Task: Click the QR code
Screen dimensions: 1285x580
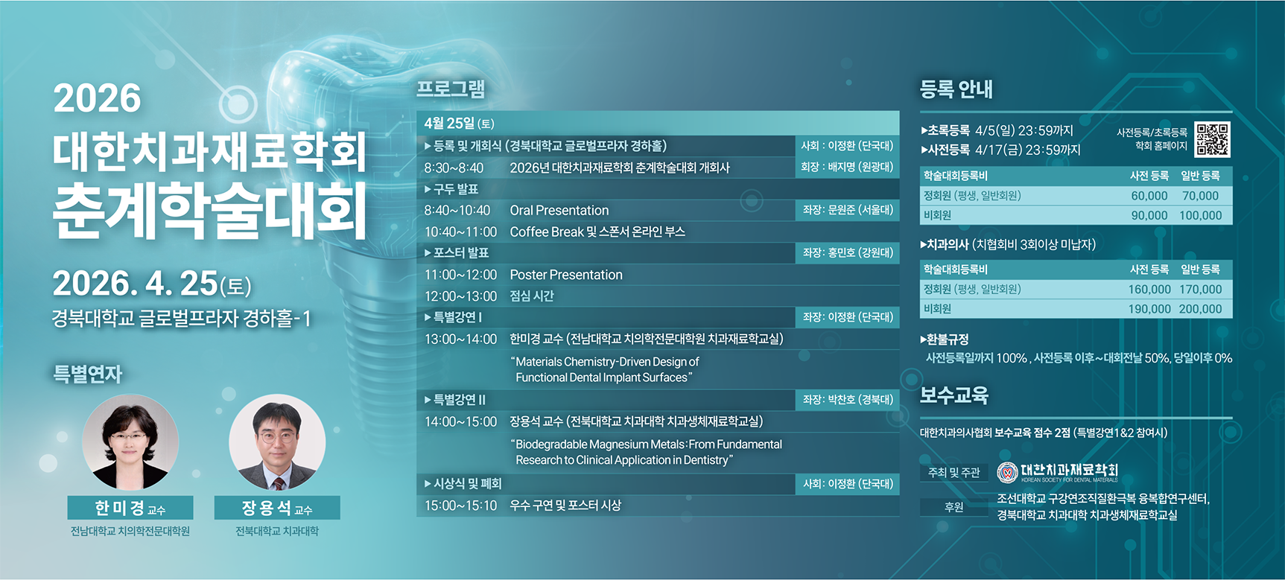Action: pos(1212,139)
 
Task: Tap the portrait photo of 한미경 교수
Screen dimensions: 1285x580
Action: pos(130,442)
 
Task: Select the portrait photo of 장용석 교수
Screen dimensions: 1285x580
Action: pos(277,442)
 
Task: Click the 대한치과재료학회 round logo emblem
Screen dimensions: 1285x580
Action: pos(1007,472)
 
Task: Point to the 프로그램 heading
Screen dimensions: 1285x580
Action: pos(451,89)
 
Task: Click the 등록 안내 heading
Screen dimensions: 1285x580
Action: pos(956,89)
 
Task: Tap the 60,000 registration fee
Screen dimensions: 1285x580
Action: pos(1149,196)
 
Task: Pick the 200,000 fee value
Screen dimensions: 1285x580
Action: pos(1201,309)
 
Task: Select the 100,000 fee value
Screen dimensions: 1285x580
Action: pos(1201,215)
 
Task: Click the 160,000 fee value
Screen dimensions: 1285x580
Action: pos(1149,289)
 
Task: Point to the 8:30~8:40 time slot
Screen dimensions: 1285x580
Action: pos(454,168)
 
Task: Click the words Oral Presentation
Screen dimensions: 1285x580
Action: pos(559,211)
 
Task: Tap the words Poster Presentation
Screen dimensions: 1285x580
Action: pos(566,275)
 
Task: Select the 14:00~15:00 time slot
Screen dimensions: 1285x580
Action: pos(460,421)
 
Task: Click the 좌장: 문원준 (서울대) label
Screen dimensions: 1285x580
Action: pos(848,210)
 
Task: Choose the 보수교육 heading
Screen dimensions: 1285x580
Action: pos(954,395)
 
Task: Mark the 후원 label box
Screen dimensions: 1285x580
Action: pos(954,507)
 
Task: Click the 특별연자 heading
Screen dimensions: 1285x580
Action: pos(87,373)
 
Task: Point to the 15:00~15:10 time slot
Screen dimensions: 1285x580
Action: pos(460,506)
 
